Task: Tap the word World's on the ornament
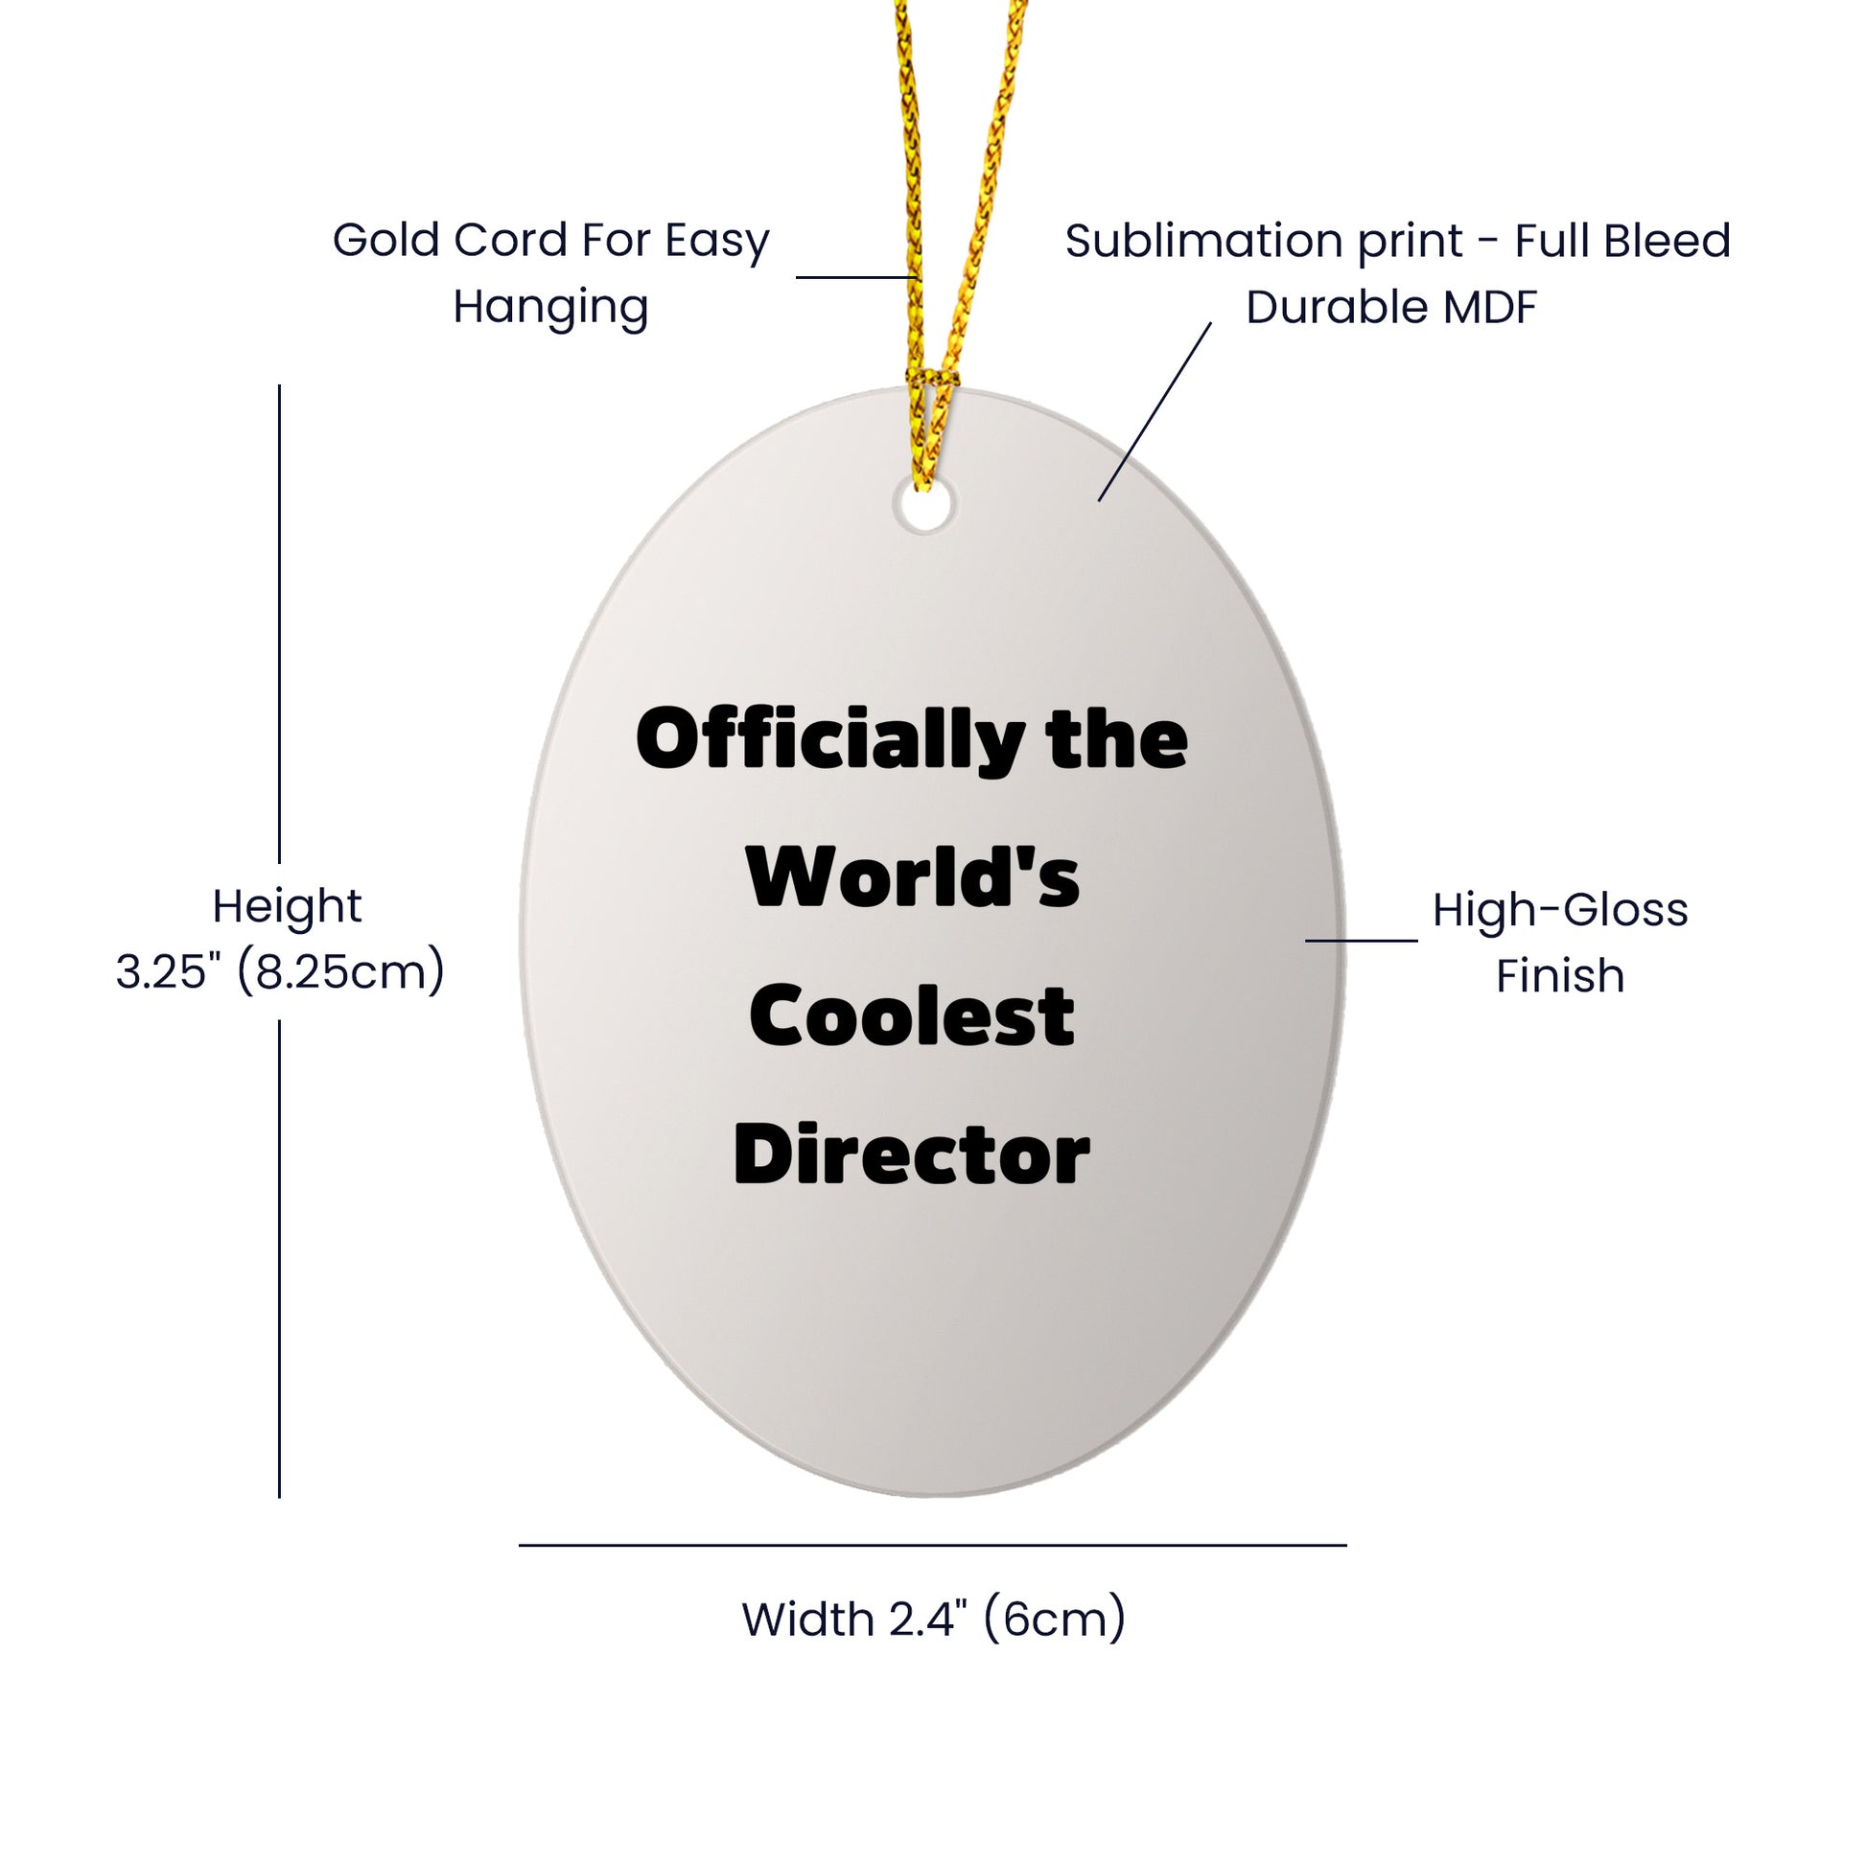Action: click(x=913, y=877)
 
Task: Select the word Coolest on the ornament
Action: click(x=912, y=1016)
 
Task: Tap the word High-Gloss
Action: click(x=1560, y=910)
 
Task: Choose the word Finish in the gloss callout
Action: click(x=1560, y=975)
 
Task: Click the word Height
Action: click(x=287, y=906)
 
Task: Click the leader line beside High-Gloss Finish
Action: click(x=1362, y=940)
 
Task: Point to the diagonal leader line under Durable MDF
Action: click(x=1155, y=411)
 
